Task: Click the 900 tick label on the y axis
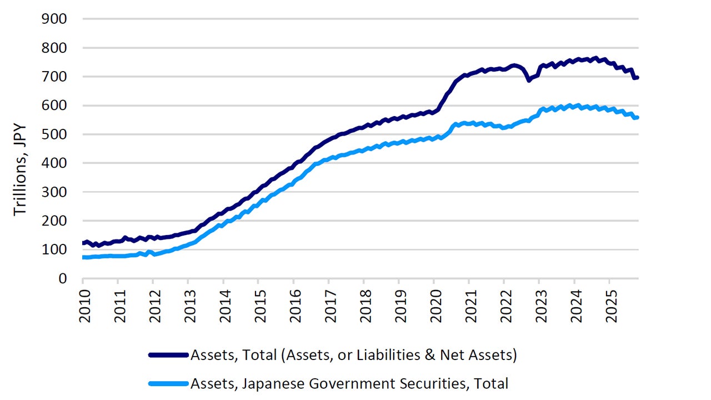point(55,19)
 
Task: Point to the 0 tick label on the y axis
point(62,278)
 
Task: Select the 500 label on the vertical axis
point(55,134)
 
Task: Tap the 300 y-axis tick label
point(55,192)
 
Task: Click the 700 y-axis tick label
point(55,77)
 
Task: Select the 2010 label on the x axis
point(83,304)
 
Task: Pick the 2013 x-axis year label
point(188,304)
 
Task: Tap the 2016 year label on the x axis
point(293,304)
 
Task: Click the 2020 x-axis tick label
point(434,304)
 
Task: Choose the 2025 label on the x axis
point(609,304)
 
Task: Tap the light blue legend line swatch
point(168,383)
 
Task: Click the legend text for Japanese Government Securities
point(349,383)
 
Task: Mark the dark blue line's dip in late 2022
point(529,80)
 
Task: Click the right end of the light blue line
point(637,117)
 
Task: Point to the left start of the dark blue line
point(83,243)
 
